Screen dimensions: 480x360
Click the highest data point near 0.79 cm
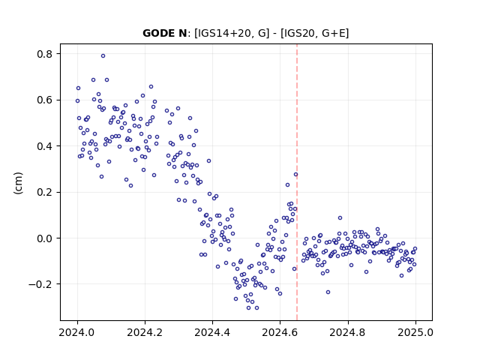(103, 56)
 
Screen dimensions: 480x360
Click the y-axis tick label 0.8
(45, 54)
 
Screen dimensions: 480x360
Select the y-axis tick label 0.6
(45, 100)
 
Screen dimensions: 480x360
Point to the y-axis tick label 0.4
(45, 146)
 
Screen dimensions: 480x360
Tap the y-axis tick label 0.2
(45, 193)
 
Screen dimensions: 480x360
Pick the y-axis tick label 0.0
(45, 238)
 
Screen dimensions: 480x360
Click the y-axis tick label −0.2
(40, 284)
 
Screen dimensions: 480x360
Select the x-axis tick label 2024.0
(77, 332)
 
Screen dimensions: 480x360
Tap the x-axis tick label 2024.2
(145, 332)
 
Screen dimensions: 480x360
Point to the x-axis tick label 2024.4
(212, 332)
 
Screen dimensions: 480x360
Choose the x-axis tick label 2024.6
(280, 332)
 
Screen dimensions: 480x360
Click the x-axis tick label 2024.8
(348, 332)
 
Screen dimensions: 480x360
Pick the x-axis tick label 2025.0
(415, 332)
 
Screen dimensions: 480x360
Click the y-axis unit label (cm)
(18, 183)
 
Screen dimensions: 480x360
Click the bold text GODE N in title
(165, 33)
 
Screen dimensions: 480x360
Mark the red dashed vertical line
(297, 182)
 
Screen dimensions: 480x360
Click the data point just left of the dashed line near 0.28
(295, 175)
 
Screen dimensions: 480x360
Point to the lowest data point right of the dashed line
(328, 292)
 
